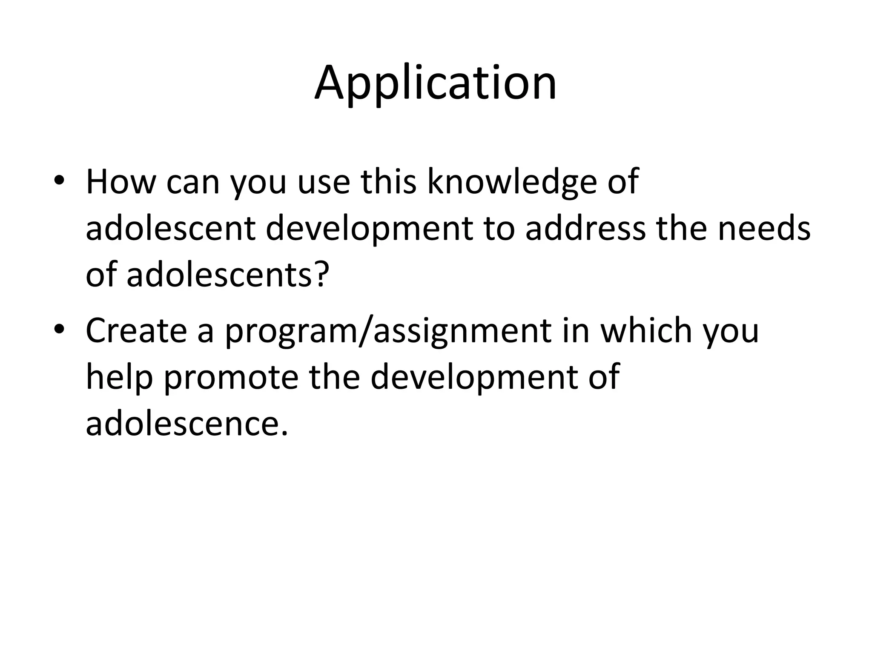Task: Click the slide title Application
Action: click(436, 84)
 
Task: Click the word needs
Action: click(764, 229)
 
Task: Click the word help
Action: click(119, 378)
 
